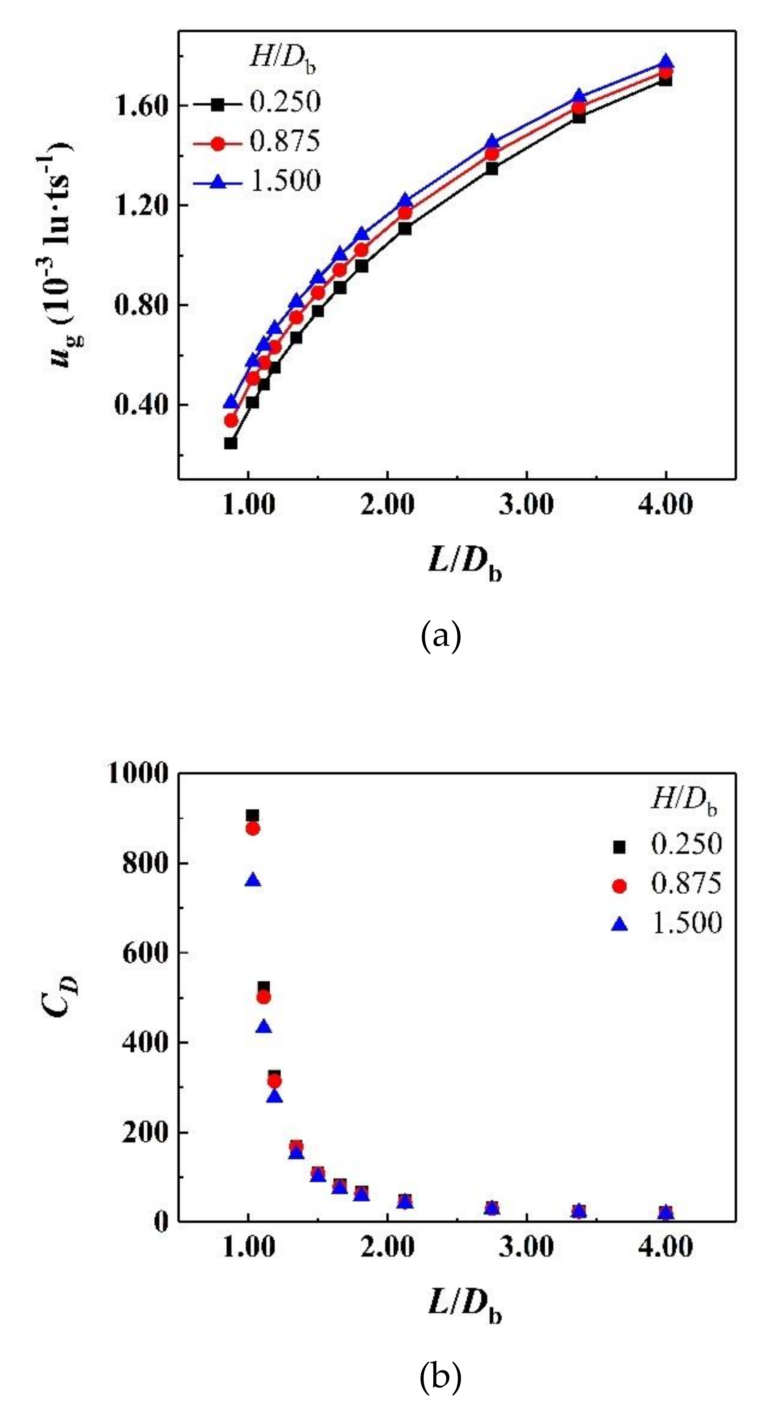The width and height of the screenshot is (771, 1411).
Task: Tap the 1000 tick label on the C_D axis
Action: coord(138,774)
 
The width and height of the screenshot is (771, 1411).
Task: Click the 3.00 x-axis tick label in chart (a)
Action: coord(526,504)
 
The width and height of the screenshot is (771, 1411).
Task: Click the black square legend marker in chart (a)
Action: coord(218,104)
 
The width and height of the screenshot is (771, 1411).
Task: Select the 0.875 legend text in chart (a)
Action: coord(285,141)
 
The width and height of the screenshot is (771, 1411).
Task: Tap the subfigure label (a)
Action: coord(441,637)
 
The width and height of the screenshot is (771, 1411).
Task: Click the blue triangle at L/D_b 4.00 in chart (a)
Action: coord(665,62)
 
